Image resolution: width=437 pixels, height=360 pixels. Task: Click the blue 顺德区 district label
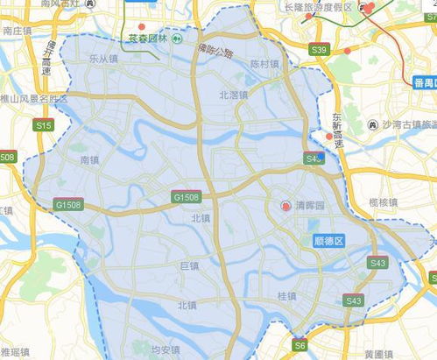point(328,238)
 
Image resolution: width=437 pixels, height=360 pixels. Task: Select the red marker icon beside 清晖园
point(285,206)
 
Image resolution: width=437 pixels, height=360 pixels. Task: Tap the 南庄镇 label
point(18,29)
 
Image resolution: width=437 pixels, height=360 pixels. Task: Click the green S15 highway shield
point(43,126)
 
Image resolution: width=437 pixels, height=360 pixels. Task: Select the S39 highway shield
point(319,50)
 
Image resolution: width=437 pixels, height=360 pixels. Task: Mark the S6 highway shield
point(300,346)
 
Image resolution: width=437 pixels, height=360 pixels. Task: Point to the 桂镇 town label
point(286,297)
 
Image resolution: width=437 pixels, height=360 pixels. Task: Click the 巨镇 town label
point(189,265)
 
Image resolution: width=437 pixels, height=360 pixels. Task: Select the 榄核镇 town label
point(384,202)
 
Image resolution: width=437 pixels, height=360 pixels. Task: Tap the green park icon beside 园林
point(177,39)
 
